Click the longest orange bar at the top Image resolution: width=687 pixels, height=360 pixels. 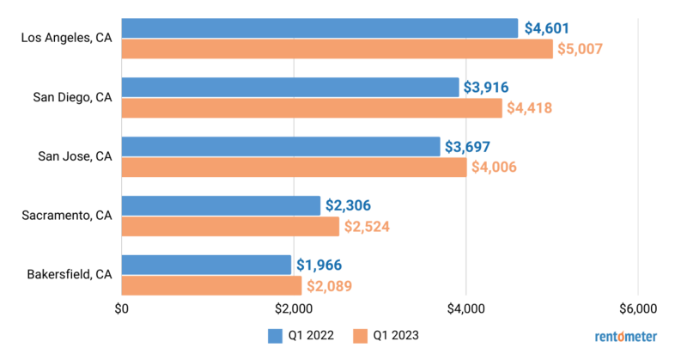(x=337, y=50)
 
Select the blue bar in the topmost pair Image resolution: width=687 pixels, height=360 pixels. (x=319, y=28)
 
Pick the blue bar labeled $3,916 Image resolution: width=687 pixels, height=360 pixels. (x=290, y=87)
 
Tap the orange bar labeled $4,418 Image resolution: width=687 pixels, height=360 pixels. (x=312, y=108)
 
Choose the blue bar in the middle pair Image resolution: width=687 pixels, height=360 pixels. (x=281, y=146)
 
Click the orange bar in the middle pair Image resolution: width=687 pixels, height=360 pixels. (x=294, y=168)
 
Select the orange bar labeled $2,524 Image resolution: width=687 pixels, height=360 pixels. (x=230, y=227)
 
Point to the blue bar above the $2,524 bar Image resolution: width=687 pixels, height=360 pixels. (x=221, y=205)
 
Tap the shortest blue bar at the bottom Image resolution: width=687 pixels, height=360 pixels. (x=206, y=264)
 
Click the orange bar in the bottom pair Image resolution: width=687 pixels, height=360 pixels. (x=211, y=285)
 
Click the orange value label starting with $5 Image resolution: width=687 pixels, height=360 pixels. (x=581, y=50)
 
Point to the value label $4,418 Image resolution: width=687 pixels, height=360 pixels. (x=529, y=108)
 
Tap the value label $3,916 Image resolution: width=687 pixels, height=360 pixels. (x=487, y=87)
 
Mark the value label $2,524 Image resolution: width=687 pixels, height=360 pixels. (x=368, y=227)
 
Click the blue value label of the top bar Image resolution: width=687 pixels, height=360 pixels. (x=547, y=28)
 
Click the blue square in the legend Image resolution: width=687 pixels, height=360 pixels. (x=275, y=336)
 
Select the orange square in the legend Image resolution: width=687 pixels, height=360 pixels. (x=361, y=336)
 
